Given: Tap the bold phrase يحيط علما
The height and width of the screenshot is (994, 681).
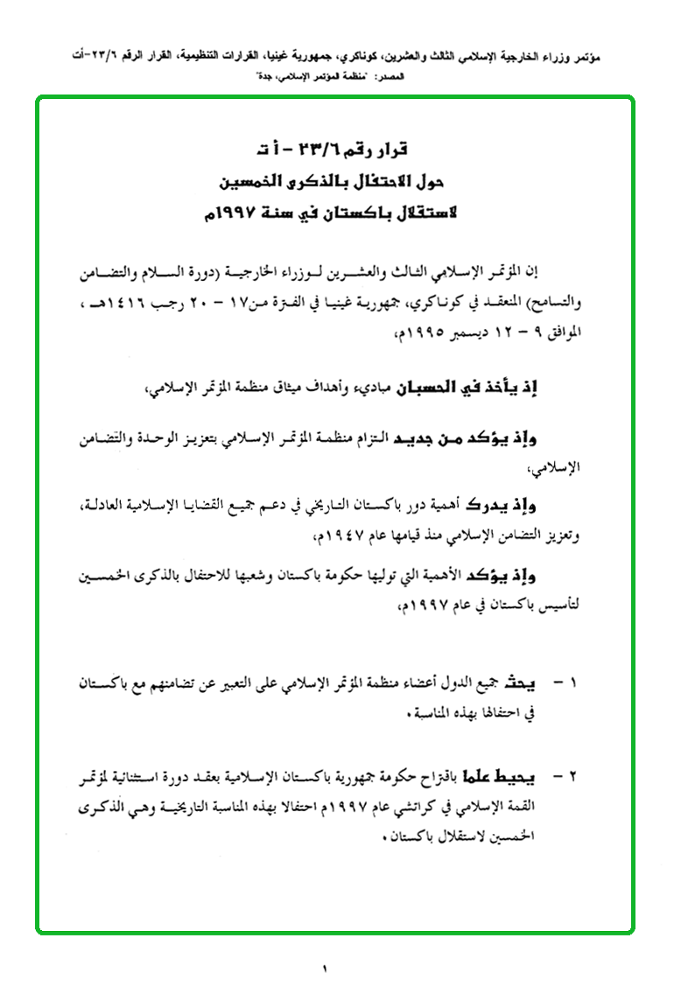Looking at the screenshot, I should coord(523,775).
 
